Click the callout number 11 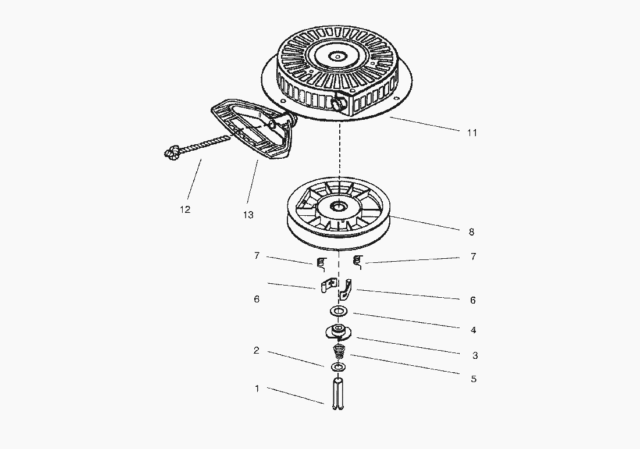click(x=472, y=133)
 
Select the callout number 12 click(x=185, y=209)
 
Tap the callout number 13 click(x=248, y=215)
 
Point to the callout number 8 click(x=471, y=232)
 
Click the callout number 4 click(x=473, y=330)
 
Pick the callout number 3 click(x=475, y=355)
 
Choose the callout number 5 click(x=474, y=379)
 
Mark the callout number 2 click(x=257, y=350)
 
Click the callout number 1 click(x=257, y=389)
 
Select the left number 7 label click(x=257, y=256)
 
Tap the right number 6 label click(x=472, y=300)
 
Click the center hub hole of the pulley click(x=339, y=206)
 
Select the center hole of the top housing click(x=339, y=56)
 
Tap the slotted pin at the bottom click(x=337, y=394)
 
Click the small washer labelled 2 click(x=337, y=367)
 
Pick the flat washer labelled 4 click(x=338, y=311)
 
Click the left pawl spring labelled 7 click(x=321, y=263)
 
